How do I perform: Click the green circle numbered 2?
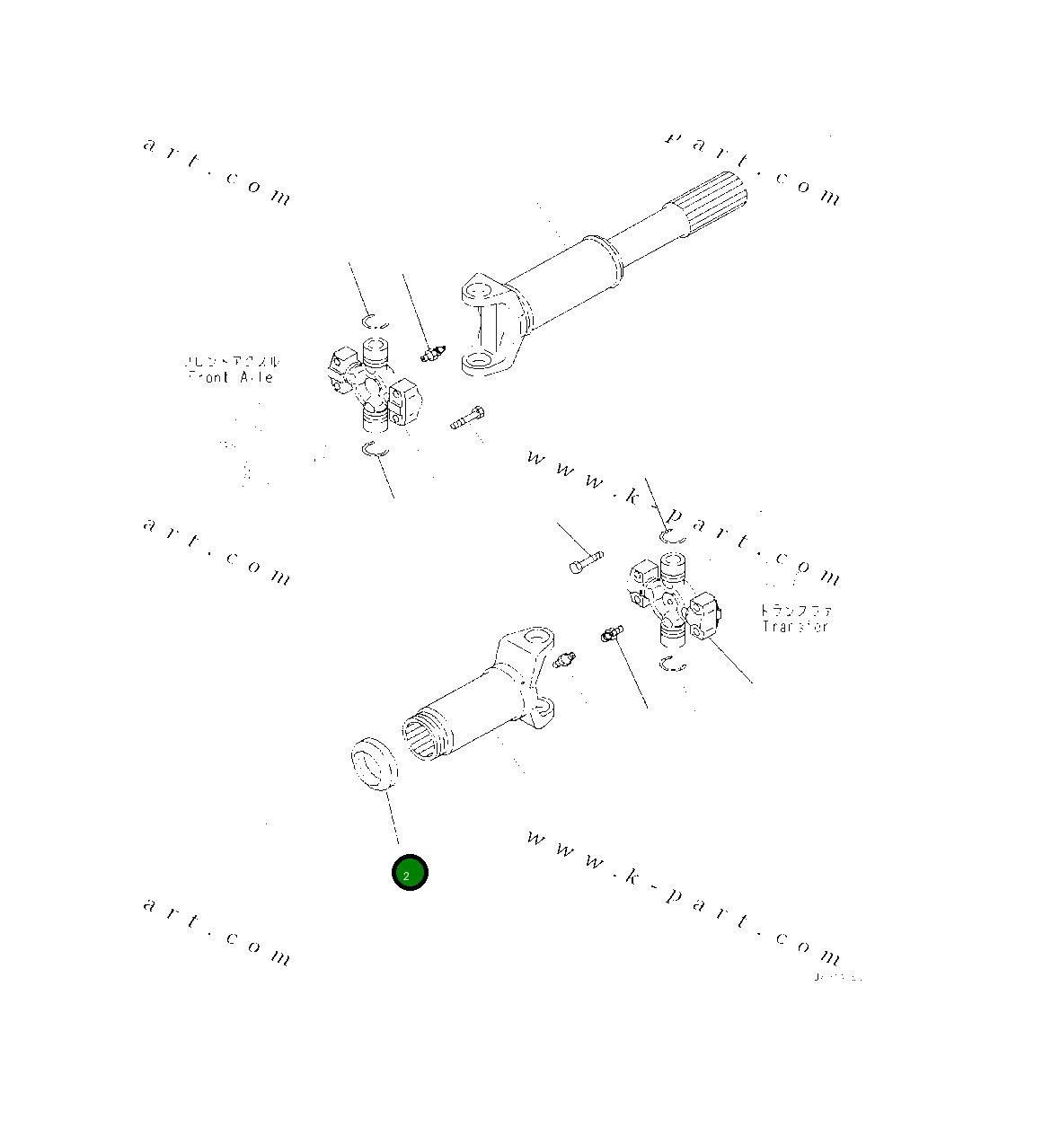[410, 873]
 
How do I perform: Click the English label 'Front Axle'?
[232, 377]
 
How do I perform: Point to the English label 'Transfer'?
[794, 626]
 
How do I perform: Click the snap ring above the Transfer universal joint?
[672, 536]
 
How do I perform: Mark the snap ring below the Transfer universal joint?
[671, 665]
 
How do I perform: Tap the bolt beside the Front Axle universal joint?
[466, 417]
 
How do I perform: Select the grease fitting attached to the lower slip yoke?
[565, 660]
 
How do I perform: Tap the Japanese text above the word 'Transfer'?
[796, 609]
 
